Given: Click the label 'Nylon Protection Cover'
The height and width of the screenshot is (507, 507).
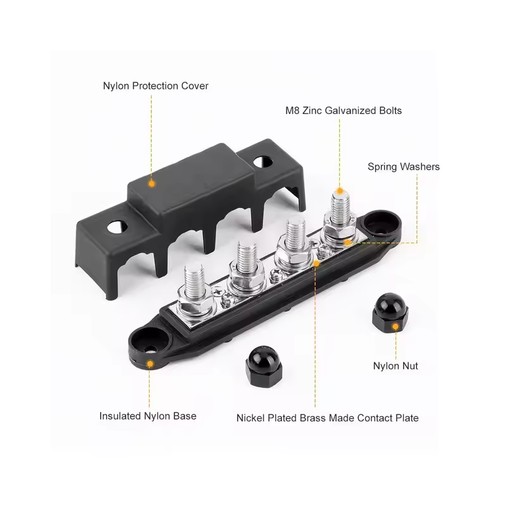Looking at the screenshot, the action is pos(155,86).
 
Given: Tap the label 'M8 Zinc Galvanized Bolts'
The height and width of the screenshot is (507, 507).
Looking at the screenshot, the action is pos(343,110).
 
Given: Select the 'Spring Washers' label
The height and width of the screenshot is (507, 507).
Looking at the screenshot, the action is pos(404,167).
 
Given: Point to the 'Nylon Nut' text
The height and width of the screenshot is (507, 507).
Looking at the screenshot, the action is pos(395,366).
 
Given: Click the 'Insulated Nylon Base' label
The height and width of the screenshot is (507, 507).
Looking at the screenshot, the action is pos(148,416).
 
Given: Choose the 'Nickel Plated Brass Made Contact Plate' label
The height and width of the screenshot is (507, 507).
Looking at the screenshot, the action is pos(328,418).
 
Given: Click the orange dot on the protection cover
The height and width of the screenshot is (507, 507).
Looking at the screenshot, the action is pos(151,184).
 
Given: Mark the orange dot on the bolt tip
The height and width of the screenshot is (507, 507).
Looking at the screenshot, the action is pos(340,191).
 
